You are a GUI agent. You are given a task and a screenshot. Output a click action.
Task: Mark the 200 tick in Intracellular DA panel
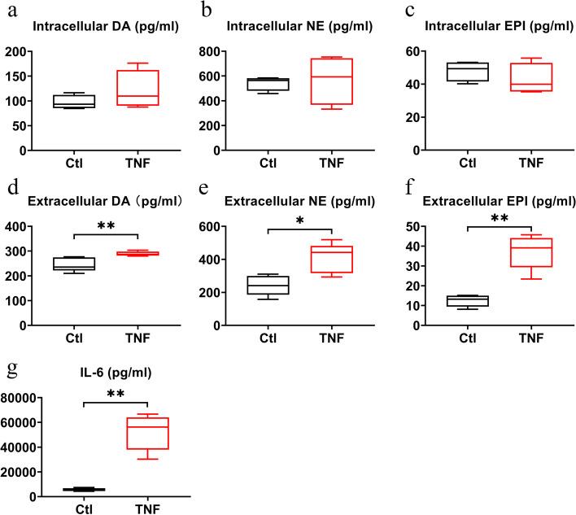pos(36,52)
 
